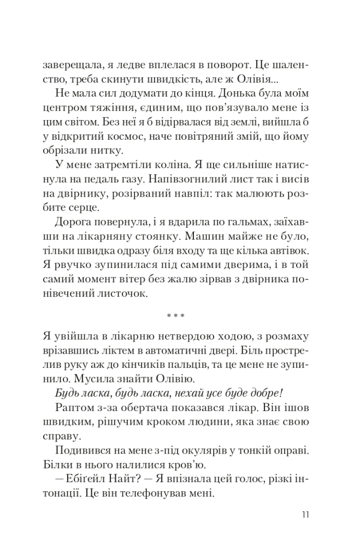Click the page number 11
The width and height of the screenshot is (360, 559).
coord(305,514)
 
